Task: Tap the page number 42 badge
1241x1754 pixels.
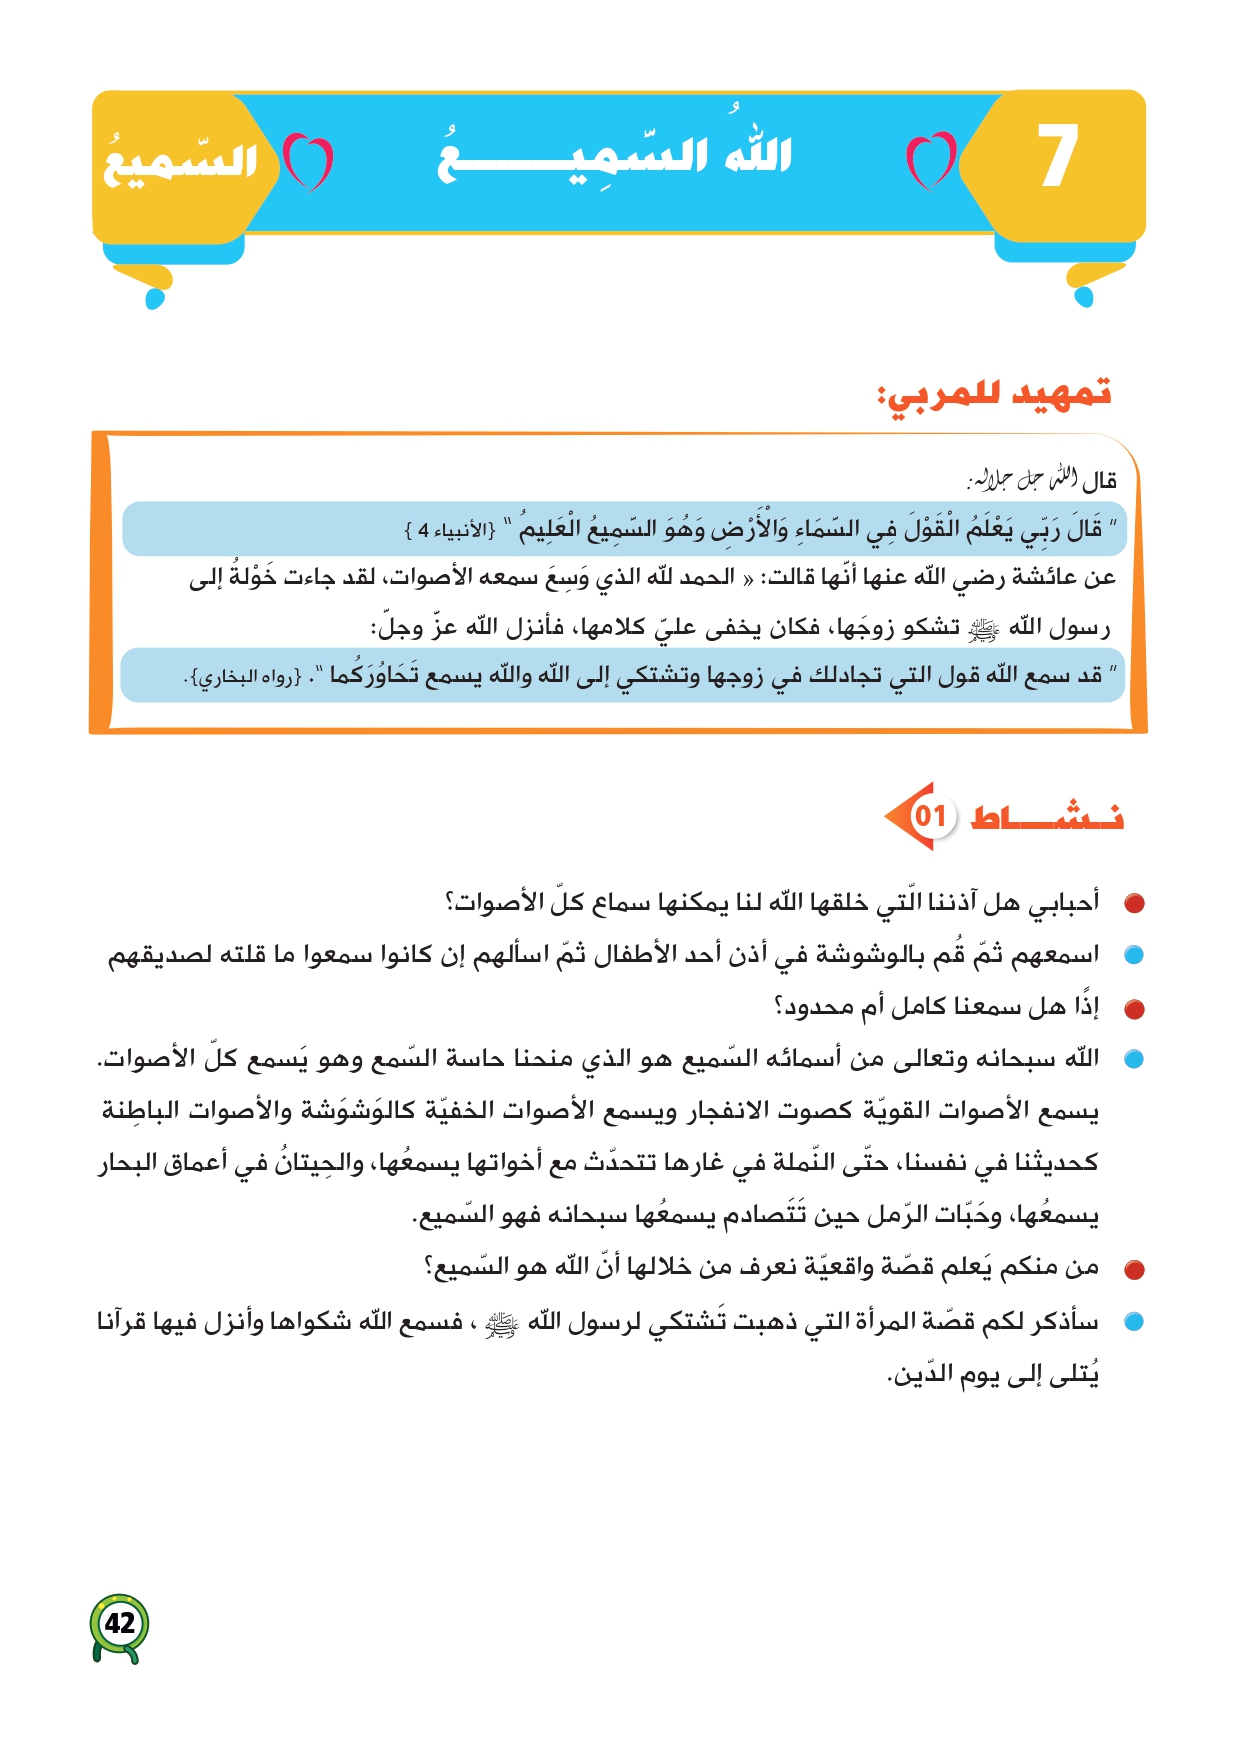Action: (120, 1623)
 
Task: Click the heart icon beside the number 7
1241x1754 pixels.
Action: (930, 160)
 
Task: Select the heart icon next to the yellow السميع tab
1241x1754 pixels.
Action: (307, 161)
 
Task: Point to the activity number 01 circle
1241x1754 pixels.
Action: (929, 816)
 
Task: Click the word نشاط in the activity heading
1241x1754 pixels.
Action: (1046, 817)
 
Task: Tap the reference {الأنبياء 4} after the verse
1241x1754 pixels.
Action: (450, 530)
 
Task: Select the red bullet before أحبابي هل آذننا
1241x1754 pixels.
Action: (1133, 904)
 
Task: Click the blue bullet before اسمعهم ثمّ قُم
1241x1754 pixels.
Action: (1133, 956)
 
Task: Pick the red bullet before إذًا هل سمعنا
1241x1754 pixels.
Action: (1133, 1009)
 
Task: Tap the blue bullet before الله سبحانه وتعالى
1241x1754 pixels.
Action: (1133, 1060)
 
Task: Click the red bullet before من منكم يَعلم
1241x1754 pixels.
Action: (1133, 1270)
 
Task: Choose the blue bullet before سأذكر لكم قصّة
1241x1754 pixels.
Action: (1133, 1322)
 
